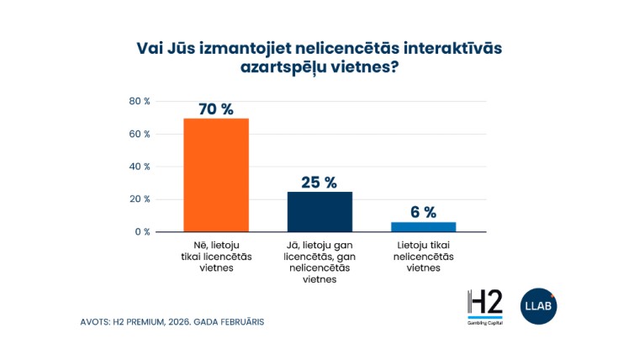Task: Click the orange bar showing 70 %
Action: point(216,175)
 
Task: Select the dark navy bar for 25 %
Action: point(319,211)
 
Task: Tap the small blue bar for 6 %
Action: point(424,226)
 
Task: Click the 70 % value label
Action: point(216,109)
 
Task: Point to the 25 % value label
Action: point(319,183)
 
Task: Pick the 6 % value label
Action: point(424,212)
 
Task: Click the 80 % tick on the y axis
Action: point(140,101)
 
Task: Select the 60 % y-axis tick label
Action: point(140,134)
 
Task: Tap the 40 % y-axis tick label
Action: point(140,167)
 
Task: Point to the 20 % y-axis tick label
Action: point(140,199)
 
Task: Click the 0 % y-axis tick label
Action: point(142,231)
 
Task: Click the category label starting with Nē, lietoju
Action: point(216,257)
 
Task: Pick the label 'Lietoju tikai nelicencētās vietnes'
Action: point(424,257)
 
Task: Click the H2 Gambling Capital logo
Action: point(484,308)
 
